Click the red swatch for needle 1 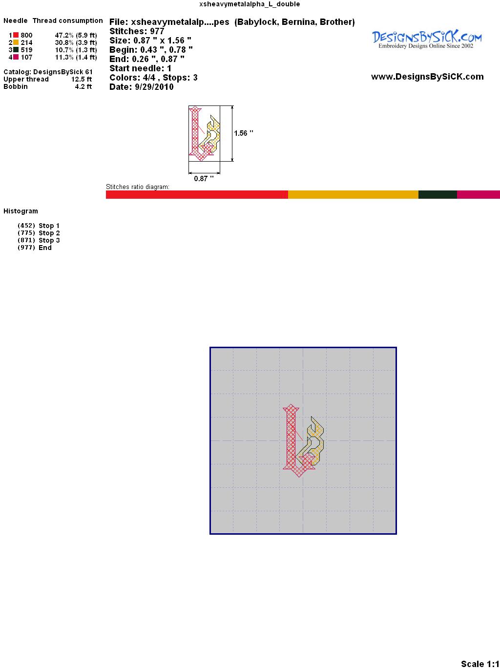pos(16,35)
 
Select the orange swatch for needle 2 pos(16,42)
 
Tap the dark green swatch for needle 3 pos(16,50)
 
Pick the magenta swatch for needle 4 pos(16,57)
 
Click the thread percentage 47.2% pos(64,35)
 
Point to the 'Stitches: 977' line pos(137,31)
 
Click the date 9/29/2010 pos(154,87)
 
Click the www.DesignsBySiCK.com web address pos(427,77)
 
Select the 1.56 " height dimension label pos(244,133)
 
